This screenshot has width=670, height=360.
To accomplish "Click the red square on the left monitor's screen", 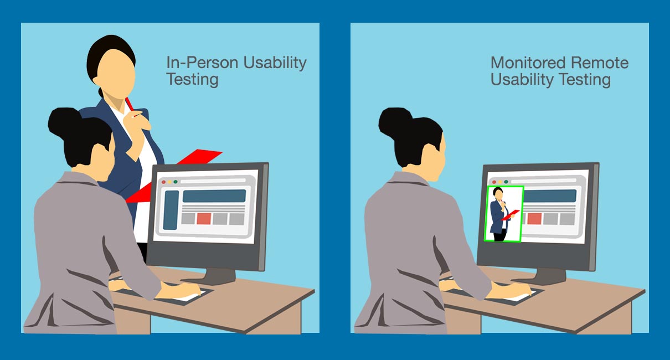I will click(x=204, y=218).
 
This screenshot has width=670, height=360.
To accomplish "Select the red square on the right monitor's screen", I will click(x=534, y=218).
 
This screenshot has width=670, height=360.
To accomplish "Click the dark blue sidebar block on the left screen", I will click(x=171, y=210).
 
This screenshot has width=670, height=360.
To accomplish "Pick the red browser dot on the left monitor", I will click(x=163, y=182).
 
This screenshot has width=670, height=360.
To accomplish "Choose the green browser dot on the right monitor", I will click(x=506, y=182).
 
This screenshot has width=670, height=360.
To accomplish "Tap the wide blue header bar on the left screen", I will click(x=214, y=196).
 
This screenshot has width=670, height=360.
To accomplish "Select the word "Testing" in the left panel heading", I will click(x=192, y=79).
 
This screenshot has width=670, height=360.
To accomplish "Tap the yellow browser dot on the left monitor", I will click(x=169, y=182).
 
